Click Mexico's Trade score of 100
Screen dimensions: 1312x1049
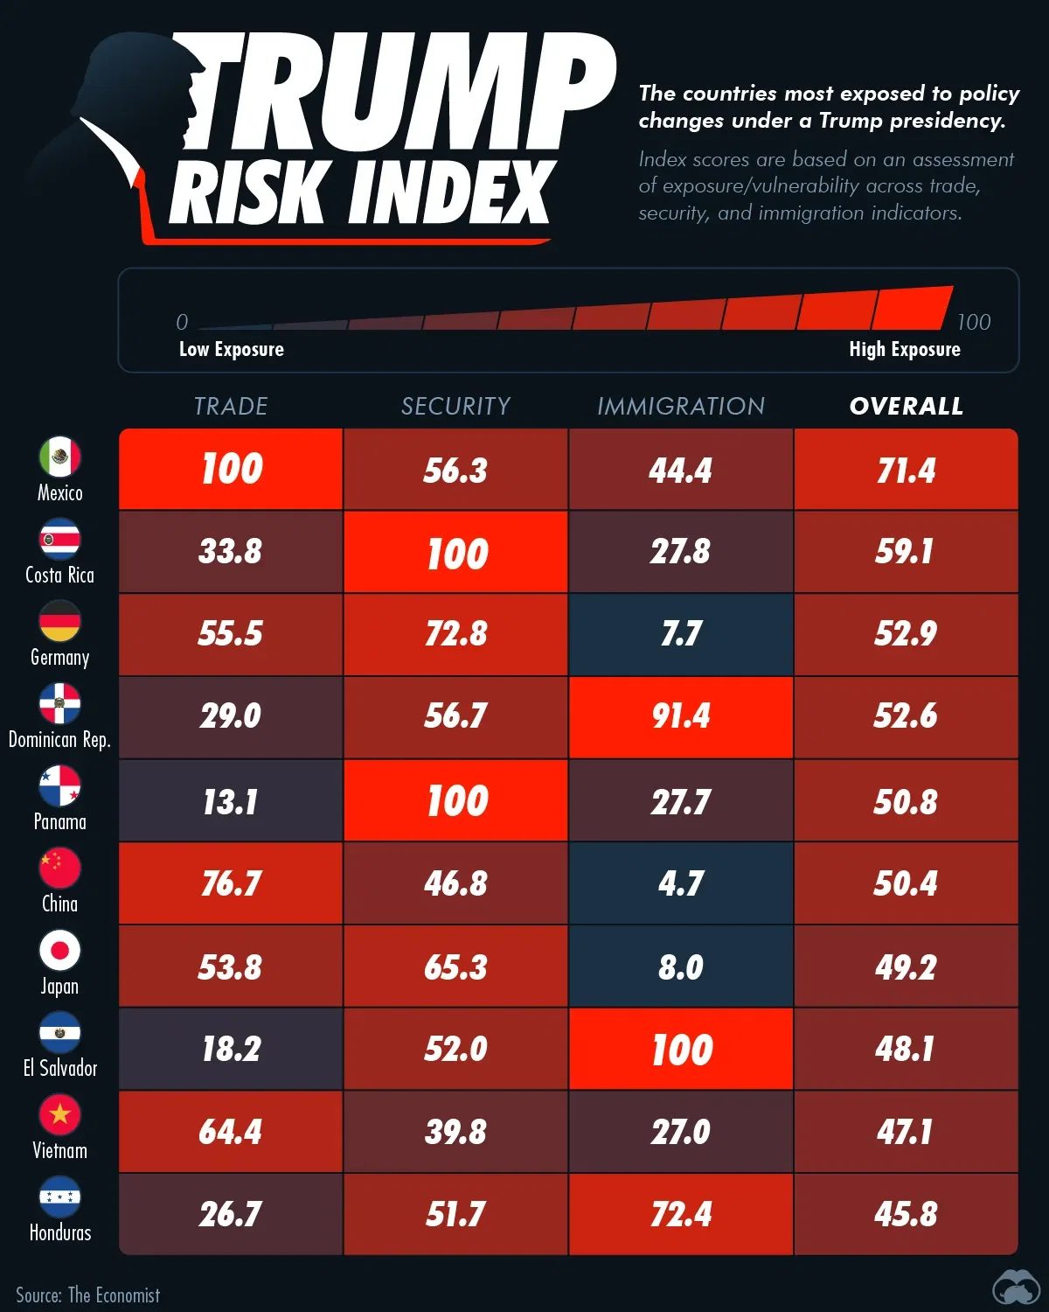232,469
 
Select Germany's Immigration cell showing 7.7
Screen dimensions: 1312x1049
681,634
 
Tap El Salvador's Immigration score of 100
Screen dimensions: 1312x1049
681,1050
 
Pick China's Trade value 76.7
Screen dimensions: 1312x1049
231,883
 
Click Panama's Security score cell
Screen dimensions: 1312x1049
456,801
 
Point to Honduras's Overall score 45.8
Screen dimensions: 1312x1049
906,1214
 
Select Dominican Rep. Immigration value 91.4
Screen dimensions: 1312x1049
681,716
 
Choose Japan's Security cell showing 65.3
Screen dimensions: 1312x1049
455,967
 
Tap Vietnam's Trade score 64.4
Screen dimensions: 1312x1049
231,1132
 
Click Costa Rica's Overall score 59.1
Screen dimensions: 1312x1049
906,552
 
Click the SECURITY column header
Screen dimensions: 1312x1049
455,406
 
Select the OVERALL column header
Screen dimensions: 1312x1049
906,406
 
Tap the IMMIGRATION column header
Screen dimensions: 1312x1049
681,406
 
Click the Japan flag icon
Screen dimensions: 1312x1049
59,950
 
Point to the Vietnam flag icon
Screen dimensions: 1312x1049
59,1114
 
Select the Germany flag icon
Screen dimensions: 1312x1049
59,621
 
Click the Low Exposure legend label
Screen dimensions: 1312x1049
232,349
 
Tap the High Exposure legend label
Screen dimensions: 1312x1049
905,349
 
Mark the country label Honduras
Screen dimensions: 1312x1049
60,1232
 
